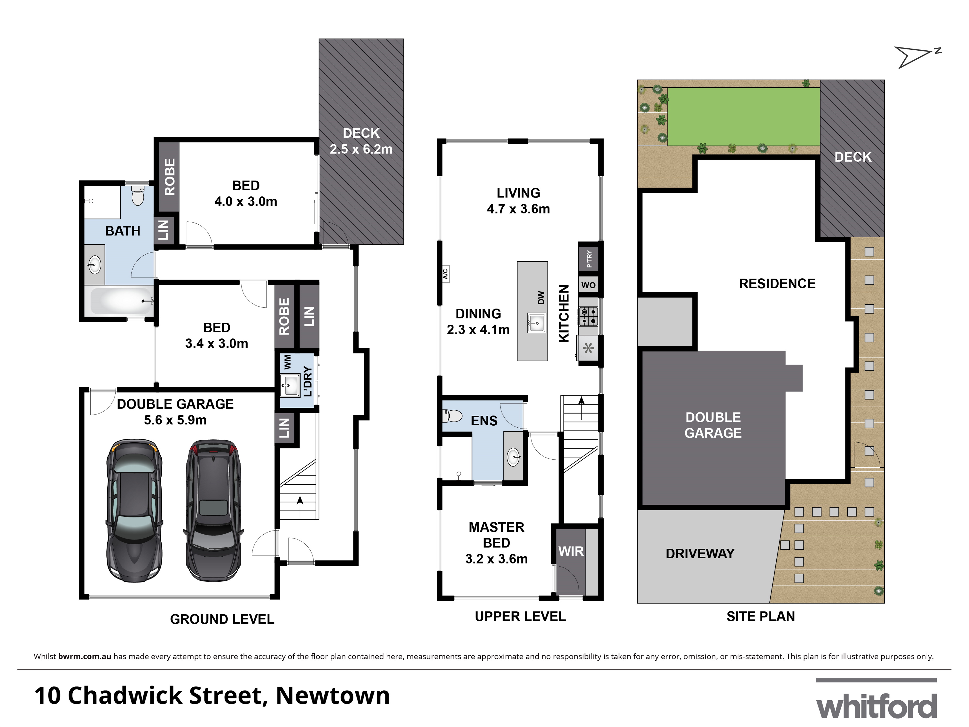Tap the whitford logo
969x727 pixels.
click(x=876, y=705)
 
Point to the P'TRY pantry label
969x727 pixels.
click(x=589, y=258)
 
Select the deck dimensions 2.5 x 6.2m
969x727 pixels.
click(x=361, y=149)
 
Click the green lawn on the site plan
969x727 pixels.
click(x=743, y=117)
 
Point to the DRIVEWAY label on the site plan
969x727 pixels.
click(x=700, y=554)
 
